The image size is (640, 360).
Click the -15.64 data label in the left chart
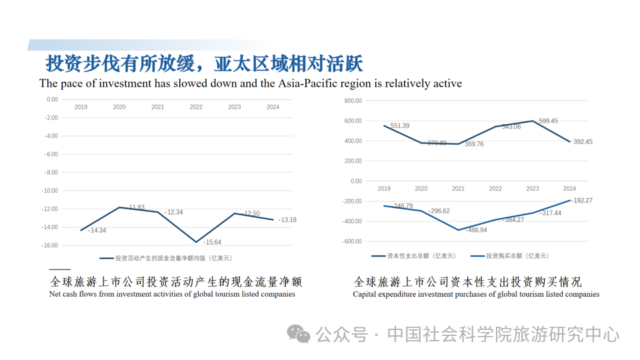pos(213,242)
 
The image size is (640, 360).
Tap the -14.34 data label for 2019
pos(97,230)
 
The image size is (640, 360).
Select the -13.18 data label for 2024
pos(287,220)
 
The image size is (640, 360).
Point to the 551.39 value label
pos(400,126)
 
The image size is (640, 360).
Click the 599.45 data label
pos(549,121)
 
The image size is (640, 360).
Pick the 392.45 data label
pos(583,142)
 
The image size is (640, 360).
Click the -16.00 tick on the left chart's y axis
pos(50,245)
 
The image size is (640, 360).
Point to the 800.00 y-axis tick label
pos(353,101)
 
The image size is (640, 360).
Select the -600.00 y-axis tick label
pos(351,241)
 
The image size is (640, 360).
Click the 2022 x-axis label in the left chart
pos(196,107)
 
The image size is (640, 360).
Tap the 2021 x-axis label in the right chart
pos(458,189)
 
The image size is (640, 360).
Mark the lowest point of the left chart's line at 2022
pos(196,242)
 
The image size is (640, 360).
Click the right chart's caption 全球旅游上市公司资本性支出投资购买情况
pos(467,281)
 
